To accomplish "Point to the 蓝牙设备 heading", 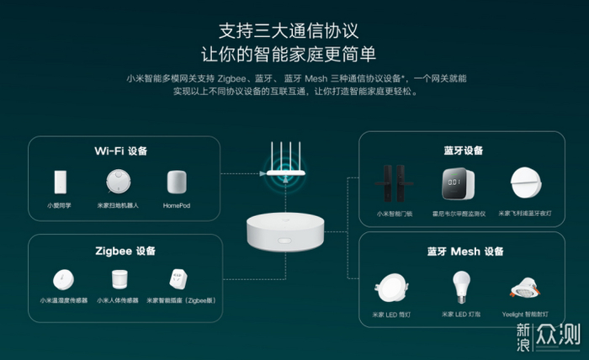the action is (x=464, y=150).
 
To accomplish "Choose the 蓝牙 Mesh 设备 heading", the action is (x=464, y=251).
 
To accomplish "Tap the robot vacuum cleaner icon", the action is (x=119, y=182).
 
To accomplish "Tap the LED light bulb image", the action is (x=459, y=286).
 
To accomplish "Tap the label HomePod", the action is (x=175, y=206).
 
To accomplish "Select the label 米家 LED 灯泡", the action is (x=459, y=315).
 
